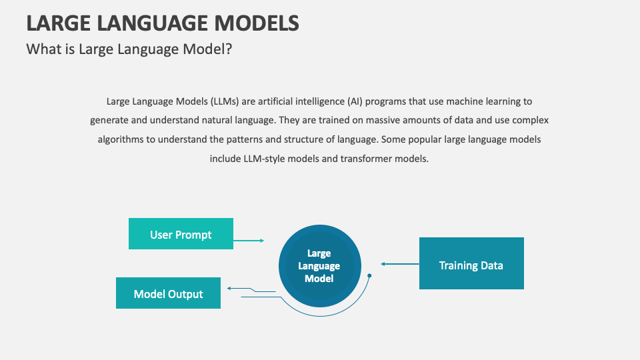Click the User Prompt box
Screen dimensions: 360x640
pos(181,233)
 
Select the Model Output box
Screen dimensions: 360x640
pos(168,293)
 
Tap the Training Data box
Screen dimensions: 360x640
pos(471,263)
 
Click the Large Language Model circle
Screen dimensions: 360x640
pos(319,265)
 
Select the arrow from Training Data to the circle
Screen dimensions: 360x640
pos(399,264)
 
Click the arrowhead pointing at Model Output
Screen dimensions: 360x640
pos(229,288)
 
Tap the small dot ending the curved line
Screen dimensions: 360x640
pos(369,275)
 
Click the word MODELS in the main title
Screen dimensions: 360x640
pos(256,23)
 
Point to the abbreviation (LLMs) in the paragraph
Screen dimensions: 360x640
pos(229,101)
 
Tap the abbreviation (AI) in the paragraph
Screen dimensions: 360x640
pos(356,101)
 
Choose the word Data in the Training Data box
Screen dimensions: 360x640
pos(491,265)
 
